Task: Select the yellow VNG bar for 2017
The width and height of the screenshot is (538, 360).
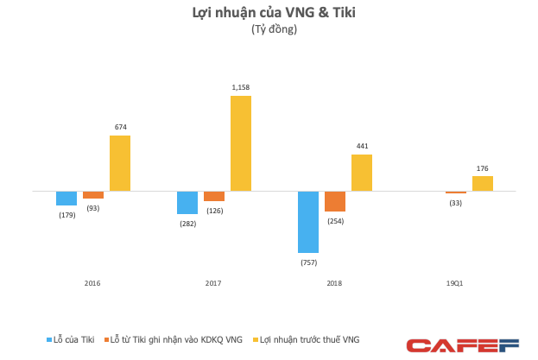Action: [240, 143]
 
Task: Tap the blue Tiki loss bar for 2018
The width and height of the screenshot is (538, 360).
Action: [308, 221]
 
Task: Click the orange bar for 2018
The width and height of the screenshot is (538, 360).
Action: [335, 201]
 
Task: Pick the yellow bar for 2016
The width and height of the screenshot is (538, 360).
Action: [120, 163]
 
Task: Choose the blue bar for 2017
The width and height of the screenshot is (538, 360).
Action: [187, 202]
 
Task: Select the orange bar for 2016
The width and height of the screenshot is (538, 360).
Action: [93, 194]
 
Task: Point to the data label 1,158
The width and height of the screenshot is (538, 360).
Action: [240, 88]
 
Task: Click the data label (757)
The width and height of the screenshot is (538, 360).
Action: [308, 261]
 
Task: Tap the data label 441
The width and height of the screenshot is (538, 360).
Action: [362, 147]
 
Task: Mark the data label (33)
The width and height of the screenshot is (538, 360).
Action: [456, 203]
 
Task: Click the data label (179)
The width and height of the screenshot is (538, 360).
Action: [66, 215]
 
